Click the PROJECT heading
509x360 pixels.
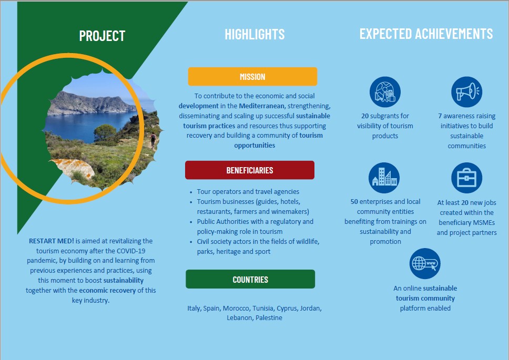click(x=102, y=36)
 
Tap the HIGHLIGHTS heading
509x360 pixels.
click(x=254, y=34)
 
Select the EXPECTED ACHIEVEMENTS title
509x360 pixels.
click(x=426, y=34)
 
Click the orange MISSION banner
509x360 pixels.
click(x=252, y=77)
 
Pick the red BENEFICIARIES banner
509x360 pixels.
click(x=250, y=170)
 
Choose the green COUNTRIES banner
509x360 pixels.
click(x=250, y=279)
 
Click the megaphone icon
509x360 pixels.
click(x=466, y=92)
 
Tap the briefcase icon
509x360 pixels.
click(x=466, y=178)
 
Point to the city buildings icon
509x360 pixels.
click(x=384, y=178)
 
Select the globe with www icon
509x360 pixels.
click(x=425, y=263)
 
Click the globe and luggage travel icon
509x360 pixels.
click(x=385, y=92)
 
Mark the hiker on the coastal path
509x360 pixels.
click(x=153, y=139)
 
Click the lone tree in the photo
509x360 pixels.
click(x=105, y=132)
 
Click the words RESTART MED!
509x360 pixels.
click(x=52, y=241)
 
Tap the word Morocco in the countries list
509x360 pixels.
click(x=236, y=308)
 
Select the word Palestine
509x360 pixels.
click(x=269, y=318)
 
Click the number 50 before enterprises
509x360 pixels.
click(x=354, y=202)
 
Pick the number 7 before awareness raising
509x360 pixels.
click(x=440, y=116)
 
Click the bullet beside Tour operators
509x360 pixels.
click(x=191, y=192)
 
